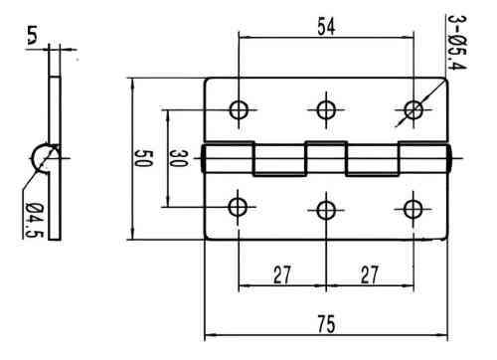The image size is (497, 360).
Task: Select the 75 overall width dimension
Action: point(325,325)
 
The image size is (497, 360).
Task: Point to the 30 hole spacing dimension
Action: point(178,158)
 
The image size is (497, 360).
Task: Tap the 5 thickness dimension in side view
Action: point(33,39)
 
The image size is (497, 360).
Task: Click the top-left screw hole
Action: point(239,109)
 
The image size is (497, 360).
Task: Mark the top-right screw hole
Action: point(412,108)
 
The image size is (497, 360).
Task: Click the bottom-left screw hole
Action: point(239,207)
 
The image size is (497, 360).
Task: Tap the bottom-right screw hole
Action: point(412,208)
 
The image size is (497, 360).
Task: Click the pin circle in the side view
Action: point(45,155)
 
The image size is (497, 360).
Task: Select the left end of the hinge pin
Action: point(206,159)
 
